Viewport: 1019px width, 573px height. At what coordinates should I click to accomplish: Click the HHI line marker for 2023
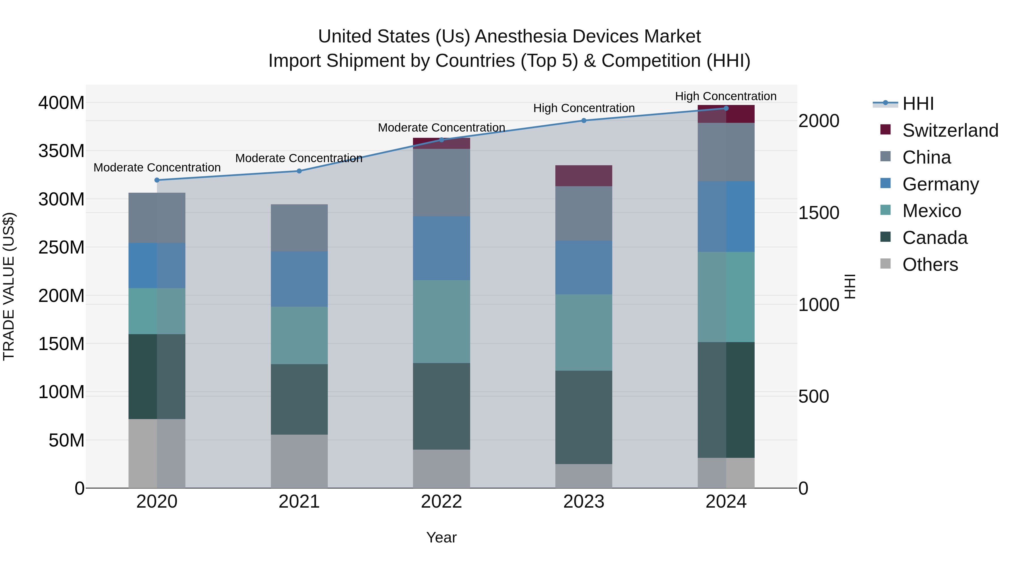pos(584,121)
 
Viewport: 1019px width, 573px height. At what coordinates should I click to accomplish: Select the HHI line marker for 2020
pos(157,180)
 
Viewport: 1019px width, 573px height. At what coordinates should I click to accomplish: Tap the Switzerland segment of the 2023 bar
pos(584,175)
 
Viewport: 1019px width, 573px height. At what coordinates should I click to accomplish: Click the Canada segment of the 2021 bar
pos(299,399)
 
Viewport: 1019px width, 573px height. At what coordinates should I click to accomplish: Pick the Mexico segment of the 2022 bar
pos(442,321)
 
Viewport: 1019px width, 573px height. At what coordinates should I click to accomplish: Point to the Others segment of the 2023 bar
pos(584,476)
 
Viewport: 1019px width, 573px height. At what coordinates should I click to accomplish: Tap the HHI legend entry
pos(918,104)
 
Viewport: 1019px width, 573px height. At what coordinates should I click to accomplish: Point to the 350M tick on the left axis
pos(61,151)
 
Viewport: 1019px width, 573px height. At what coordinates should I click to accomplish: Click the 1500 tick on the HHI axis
pos(818,213)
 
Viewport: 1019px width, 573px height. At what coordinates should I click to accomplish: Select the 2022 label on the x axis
pos(442,502)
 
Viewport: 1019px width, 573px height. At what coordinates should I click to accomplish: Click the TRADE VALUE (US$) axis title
pos(9,286)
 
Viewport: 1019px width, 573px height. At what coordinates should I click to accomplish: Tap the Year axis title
pos(442,537)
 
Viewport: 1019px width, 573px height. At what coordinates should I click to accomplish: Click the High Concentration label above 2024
pos(725,96)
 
